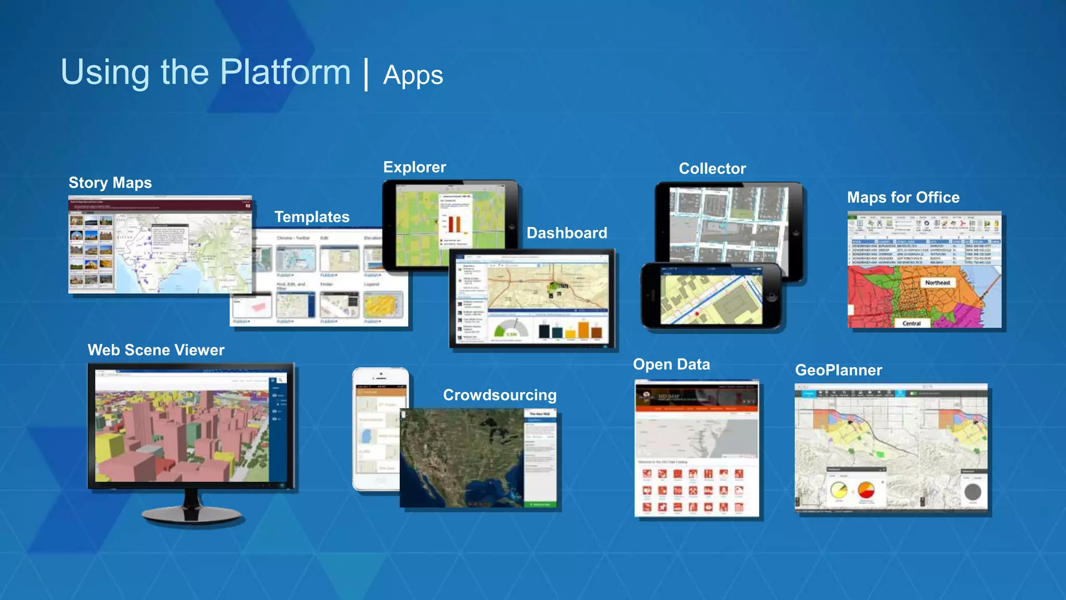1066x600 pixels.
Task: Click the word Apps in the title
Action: click(413, 76)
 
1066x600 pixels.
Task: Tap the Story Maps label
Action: click(110, 183)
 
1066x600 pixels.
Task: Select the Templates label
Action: click(312, 217)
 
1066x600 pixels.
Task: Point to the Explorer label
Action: click(415, 167)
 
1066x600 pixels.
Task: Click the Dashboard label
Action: click(567, 233)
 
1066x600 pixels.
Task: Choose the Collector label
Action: click(712, 169)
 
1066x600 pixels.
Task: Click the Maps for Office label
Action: click(903, 197)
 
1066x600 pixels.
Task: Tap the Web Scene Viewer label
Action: click(156, 350)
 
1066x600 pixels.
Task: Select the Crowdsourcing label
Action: click(500, 395)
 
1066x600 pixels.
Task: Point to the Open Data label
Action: click(671, 365)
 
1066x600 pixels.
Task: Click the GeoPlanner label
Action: click(839, 370)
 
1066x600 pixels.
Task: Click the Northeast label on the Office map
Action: click(937, 283)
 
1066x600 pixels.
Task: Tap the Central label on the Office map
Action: click(911, 323)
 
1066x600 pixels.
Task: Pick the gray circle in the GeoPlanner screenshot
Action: click(972, 492)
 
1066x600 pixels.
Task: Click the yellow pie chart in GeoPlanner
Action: click(839, 491)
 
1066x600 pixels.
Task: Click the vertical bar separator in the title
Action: click(367, 74)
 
